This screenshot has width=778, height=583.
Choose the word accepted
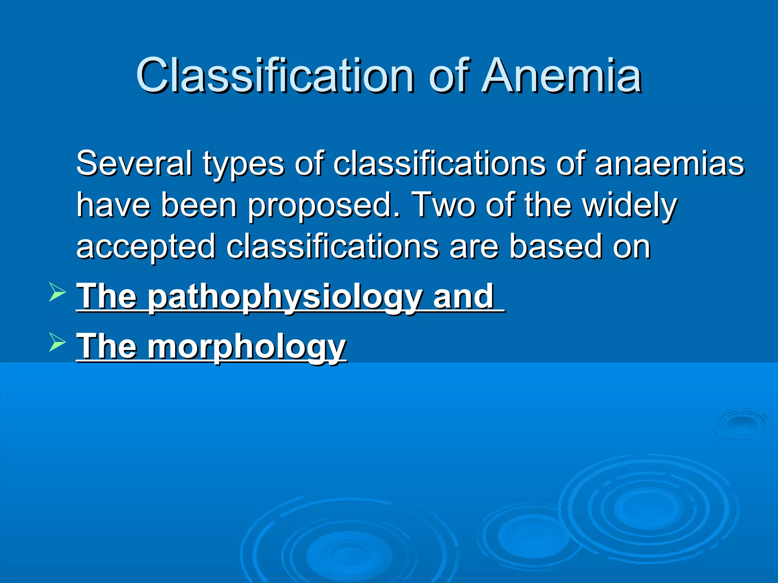(x=146, y=247)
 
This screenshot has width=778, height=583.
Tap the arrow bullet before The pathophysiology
(x=57, y=294)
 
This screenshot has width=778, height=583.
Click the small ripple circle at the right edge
(x=741, y=423)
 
